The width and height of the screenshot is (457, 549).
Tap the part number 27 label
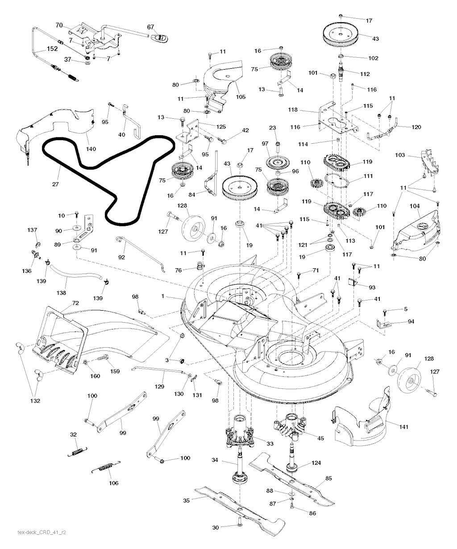click(x=55, y=184)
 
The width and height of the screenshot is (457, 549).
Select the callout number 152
click(x=52, y=49)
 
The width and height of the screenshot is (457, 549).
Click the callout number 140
click(x=91, y=149)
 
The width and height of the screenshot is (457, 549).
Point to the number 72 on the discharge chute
click(x=75, y=303)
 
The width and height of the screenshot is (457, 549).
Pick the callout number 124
click(x=316, y=462)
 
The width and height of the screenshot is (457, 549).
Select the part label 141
click(x=403, y=426)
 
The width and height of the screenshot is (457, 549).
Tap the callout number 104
click(x=415, y=206)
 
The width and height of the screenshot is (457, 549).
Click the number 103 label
click(x=400, y=155)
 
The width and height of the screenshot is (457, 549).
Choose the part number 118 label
click(x=293, y=110)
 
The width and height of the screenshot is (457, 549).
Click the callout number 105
click(x=241, y=97)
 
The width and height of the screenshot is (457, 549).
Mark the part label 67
click(x=150, y=27)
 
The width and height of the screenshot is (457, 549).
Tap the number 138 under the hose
click(x=61, y=293)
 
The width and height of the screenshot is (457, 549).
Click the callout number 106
click(x=114, y=483)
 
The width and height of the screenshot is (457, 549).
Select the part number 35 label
click(x=186, y=500)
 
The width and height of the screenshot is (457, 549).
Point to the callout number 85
click(x=328, y=478)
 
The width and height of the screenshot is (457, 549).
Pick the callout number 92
click(x=121, y=257)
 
